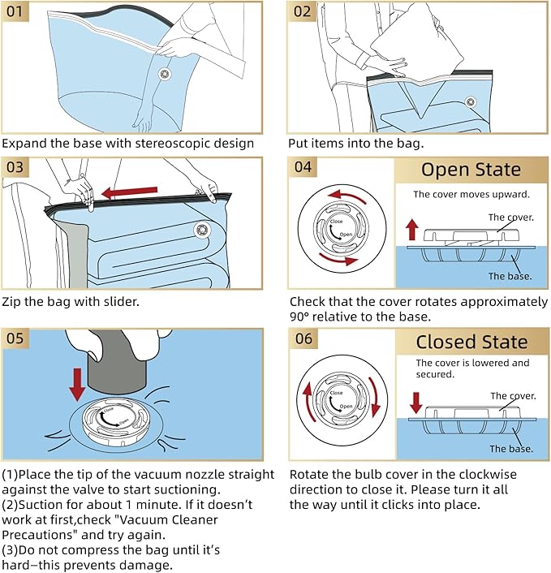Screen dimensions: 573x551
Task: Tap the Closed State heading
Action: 471,342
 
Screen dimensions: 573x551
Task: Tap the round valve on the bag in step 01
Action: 165,75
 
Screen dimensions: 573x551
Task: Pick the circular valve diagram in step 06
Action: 340,398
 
